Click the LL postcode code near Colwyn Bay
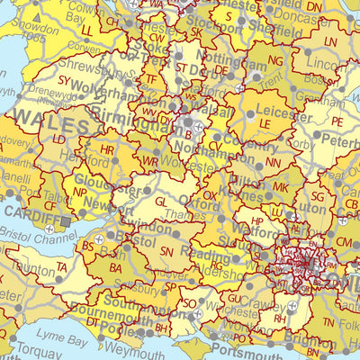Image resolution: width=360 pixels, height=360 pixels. [87, 30]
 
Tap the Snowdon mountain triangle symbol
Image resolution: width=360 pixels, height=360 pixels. [37, 17]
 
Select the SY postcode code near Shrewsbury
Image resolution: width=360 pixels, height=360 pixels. [64, 80]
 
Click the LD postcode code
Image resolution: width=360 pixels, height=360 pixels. [58, 140]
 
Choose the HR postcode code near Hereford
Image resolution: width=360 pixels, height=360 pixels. [108, 149]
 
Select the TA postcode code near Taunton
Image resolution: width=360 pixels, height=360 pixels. [61, 268]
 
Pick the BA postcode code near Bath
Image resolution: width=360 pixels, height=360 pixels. [115, 267]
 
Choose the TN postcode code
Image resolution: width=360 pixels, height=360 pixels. [328, 322]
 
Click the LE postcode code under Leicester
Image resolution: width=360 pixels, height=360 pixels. [265, 122]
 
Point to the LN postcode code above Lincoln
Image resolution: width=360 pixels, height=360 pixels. [330, 42]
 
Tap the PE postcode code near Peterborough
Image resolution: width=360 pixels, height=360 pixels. [337, 121]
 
